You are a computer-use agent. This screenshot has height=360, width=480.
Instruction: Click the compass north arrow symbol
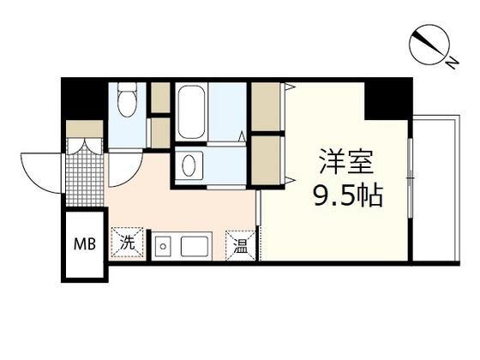click(429, 44)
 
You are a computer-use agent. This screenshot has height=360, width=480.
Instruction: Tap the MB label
click(83, 243)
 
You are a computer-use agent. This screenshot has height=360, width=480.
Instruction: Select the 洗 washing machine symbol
click(127, 243)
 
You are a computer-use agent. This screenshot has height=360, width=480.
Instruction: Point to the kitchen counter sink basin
click(192, 248)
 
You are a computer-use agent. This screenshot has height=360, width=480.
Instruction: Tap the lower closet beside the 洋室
click(268, 159)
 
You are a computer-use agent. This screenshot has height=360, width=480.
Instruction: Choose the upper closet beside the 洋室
click(268, 106)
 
